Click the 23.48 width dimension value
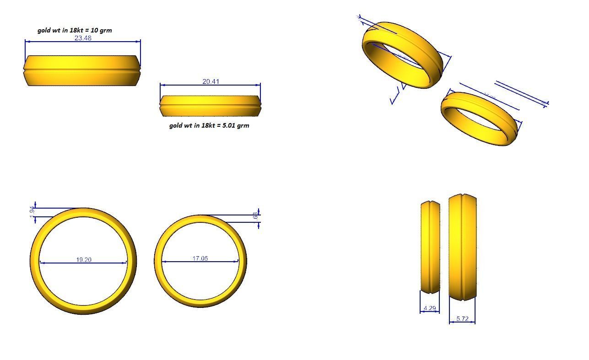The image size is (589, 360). [83, 38]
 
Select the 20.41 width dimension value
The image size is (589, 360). [211, 82]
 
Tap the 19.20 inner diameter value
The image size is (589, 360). [83, 260]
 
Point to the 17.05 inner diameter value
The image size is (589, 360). [200, 258]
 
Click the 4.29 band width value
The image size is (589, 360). [430, 308]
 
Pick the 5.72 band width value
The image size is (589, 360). [462, 319]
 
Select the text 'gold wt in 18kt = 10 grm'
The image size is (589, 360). [75, 30]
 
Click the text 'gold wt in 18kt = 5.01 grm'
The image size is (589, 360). [209, 125]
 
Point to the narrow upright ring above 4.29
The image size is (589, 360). [430, 247]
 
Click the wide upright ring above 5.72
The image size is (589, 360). [462, 247]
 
